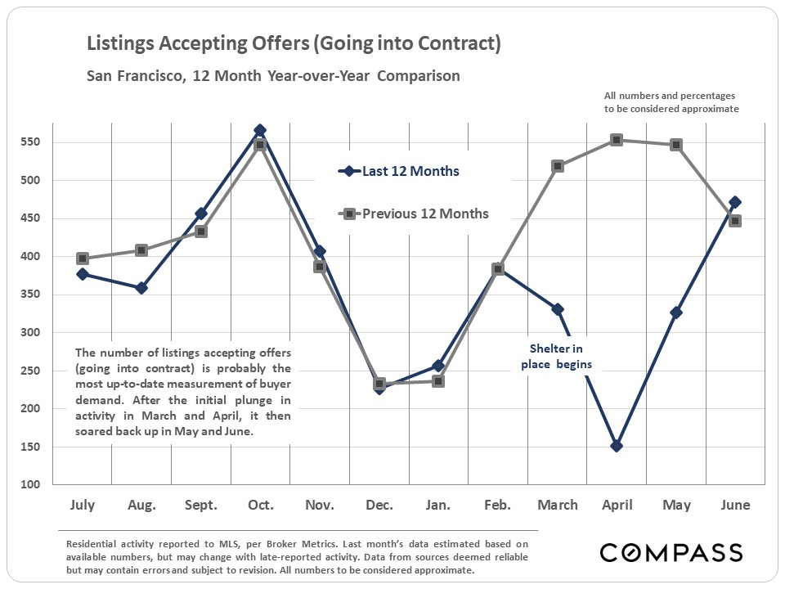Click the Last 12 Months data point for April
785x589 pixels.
click(617, 446)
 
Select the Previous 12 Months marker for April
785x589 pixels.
click(617, 140)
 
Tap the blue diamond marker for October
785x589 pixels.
click(260, 131)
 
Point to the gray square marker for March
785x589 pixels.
click(558, 166)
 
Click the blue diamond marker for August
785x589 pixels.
click(141, 288)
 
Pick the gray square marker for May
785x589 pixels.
click(676, 145)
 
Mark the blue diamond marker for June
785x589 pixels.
click(735, 202)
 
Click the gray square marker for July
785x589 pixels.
click(83, 259)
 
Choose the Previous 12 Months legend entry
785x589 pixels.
click(415, 214)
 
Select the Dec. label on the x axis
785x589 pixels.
click(379, 506)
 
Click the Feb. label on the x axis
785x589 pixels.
click(497, 506)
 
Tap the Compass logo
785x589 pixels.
click(671, 552)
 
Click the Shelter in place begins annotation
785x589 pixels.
click(556, 357)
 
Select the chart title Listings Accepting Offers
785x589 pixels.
click(294, 43)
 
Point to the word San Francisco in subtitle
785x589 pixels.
click(135, 76)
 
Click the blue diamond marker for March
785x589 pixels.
click(558, 309)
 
